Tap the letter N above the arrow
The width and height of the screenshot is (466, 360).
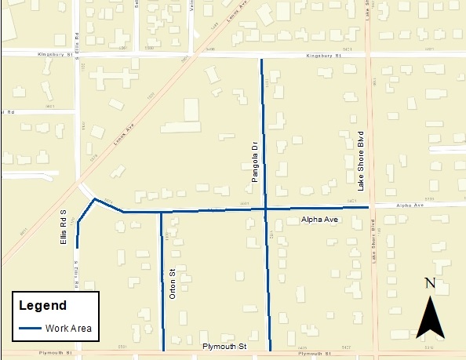pos(430,283)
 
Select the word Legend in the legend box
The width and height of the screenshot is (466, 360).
pos(42,305)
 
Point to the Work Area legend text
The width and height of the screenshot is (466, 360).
pos(70,328)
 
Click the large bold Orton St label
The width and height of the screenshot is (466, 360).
pos(173,285)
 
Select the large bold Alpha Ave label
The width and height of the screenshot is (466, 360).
pos(319,220)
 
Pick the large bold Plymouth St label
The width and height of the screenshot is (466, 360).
pos(224,346)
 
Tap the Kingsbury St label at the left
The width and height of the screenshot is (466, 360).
pos(54,54)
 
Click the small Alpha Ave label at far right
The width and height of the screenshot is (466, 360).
pos(410,205)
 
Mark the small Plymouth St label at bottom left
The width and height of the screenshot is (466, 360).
pos(53,353)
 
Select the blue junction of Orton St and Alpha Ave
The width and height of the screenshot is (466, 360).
pos(161,212)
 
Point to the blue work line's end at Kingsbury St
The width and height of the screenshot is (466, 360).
pos(261,60)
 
